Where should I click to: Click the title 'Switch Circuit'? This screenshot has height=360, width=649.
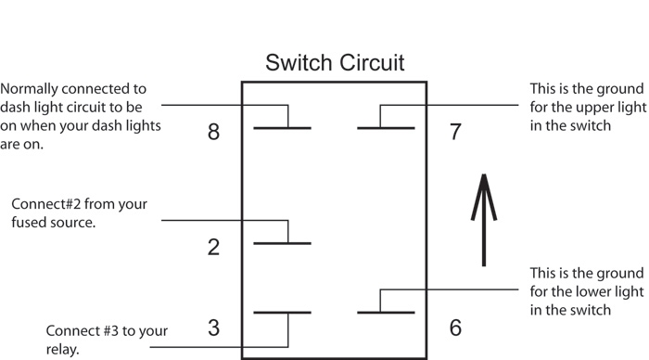tap(334, 63)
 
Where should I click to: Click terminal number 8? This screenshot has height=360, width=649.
tap(214, 132)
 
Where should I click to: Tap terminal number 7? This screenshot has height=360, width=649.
tap(454, 132)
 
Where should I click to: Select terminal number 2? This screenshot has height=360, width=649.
tap(214, 247)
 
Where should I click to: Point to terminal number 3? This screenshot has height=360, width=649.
tap(214, 328)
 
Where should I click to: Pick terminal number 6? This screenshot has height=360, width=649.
tap(454, 328)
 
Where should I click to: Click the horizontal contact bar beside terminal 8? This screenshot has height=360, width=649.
tap(282, 127)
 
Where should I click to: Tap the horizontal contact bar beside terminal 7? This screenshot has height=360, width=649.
tap(386, 127)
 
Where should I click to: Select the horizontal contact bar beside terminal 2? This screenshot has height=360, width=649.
tap(282, 244)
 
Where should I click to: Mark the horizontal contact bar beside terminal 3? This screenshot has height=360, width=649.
tap(282, 313)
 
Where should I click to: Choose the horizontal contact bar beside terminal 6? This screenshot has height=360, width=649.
tap(386, 313)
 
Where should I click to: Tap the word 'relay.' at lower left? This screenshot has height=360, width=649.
tap(64, 350)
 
